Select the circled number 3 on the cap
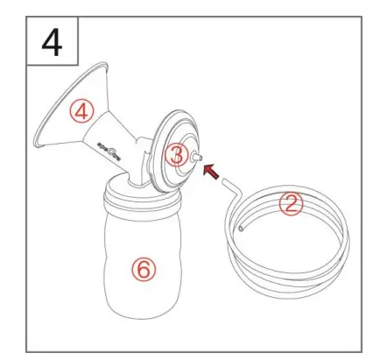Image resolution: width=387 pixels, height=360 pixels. click(178, 156)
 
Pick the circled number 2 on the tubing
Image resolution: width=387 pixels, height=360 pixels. click(291, 204)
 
